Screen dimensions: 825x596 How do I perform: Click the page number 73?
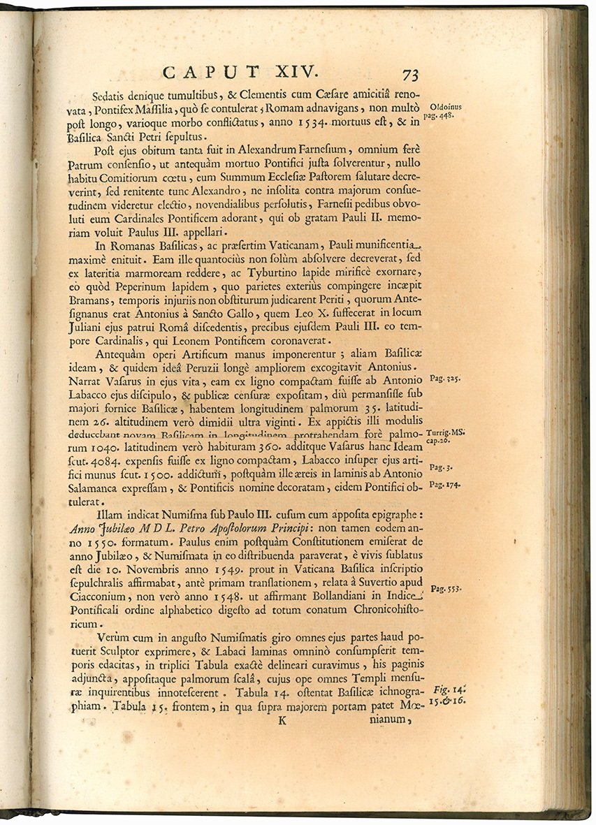click(409, 74)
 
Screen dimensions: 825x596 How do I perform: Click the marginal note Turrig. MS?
click(444, 433)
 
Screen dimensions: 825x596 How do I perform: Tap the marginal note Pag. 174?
click(444, 484)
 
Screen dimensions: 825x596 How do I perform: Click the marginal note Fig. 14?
click(447, 688)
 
